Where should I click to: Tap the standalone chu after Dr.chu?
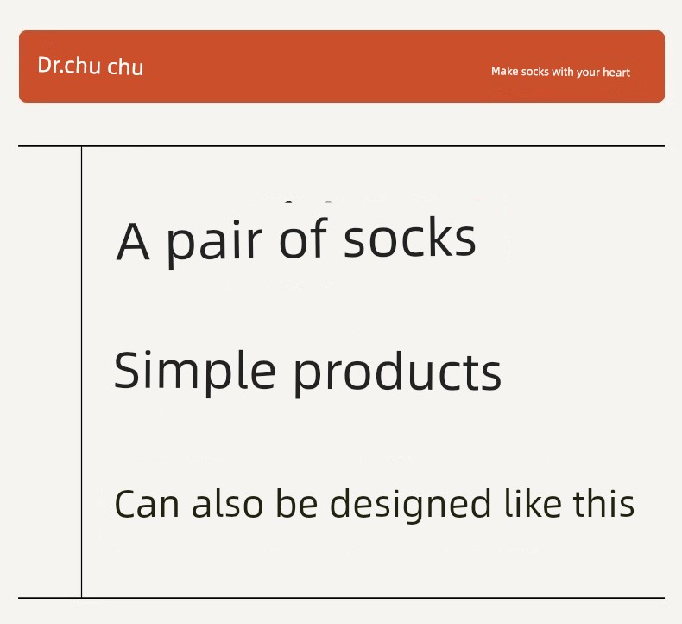tap(125, 67)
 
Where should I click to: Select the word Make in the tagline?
tap(504, 71)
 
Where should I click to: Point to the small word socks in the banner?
tap(535, 72)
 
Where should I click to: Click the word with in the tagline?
tap(562, 72)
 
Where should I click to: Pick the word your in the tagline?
tap(588, 73)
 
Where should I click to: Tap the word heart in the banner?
tap(616, 72)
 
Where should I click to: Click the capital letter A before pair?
tap(133, 241)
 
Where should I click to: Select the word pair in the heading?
tap(214, 243)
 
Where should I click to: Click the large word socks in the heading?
tap(410, 238)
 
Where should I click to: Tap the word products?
tap(397, 373)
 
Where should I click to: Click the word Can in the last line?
tap(147, 504)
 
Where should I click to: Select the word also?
tap(228, 503)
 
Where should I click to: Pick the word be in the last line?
tap(297, 503)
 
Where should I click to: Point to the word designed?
tap(411, 504)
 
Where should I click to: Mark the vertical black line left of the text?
tap(81, 372)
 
